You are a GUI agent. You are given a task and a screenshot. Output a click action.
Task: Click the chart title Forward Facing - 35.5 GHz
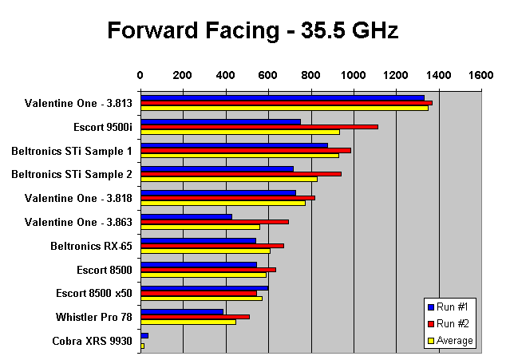pos(252,31)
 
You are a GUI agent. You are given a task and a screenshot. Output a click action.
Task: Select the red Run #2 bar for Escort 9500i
pos(259,126)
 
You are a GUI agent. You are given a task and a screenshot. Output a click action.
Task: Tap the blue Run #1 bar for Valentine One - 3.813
pos(283,97)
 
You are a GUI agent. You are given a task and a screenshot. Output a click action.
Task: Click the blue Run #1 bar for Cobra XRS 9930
pos(144,336)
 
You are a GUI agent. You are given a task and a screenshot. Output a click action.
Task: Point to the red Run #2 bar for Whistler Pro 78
pos(195,317)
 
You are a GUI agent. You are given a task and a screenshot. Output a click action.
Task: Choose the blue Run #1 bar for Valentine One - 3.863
pos(186,216)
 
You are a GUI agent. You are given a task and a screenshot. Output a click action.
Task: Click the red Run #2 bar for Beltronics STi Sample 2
pos(241,173)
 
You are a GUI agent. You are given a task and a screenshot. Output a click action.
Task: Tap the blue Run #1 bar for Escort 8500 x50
pos(204,288)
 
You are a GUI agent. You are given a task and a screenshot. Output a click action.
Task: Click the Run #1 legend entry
pos(456,307)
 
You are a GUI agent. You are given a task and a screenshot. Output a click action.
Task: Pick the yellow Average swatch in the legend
pos(432,340)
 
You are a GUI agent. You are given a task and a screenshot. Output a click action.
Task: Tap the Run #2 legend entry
pos(456,323)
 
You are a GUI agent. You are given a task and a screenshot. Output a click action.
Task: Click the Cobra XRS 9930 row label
pos(93,341)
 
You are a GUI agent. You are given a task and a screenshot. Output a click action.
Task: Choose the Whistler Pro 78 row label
pos(94,317)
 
